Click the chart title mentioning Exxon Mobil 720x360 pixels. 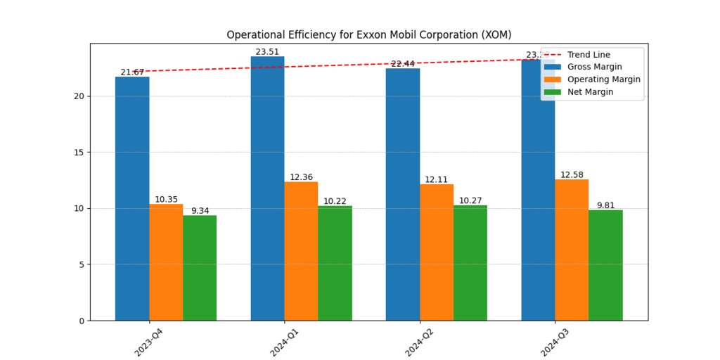coord(368,34)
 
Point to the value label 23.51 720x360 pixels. coord(267,52)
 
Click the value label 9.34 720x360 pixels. coord(200,211)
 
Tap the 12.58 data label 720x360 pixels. coord(572,175)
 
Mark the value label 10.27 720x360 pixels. coord(470,201)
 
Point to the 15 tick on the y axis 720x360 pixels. coord(79,152)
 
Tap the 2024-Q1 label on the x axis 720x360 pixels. coord(285,340)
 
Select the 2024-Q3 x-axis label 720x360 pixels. coord(556,340)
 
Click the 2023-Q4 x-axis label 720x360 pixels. coord(150,340)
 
